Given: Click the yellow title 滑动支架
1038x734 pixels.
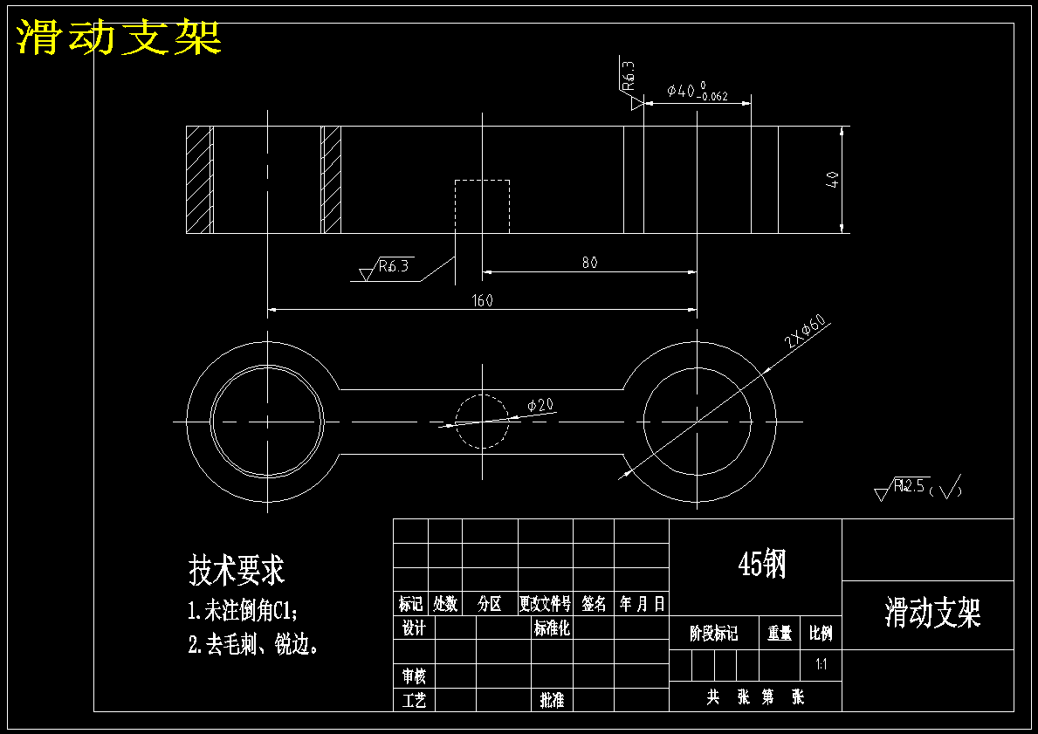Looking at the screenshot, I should [x=119, y=38].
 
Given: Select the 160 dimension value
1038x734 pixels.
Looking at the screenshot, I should [x=482, y=300].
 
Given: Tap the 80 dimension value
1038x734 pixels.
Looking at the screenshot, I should [x=589, y=263].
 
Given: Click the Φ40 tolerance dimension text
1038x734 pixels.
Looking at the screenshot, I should [x=696, y=91].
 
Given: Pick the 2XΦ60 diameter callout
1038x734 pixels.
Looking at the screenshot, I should [x=805, y=333].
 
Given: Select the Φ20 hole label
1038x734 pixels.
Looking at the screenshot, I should [x=540, y=405].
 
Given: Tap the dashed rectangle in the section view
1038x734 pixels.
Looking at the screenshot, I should [x=482, y=206].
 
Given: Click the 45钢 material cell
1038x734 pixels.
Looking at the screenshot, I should [x=761, y=564].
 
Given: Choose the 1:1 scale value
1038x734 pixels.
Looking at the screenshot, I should [x=821, y=665].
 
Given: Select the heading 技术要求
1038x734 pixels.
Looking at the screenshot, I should [x=237, y=571].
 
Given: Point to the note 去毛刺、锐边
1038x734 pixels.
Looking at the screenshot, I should [x=253, y=646].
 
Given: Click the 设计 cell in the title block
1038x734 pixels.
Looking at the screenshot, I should [x=413, y=628].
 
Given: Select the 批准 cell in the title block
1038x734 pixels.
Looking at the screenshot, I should [x=552, y=700].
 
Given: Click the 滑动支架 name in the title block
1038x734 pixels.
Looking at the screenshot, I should [x=932, y=614].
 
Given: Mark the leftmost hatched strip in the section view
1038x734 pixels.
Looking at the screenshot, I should [x=200, y=180].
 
